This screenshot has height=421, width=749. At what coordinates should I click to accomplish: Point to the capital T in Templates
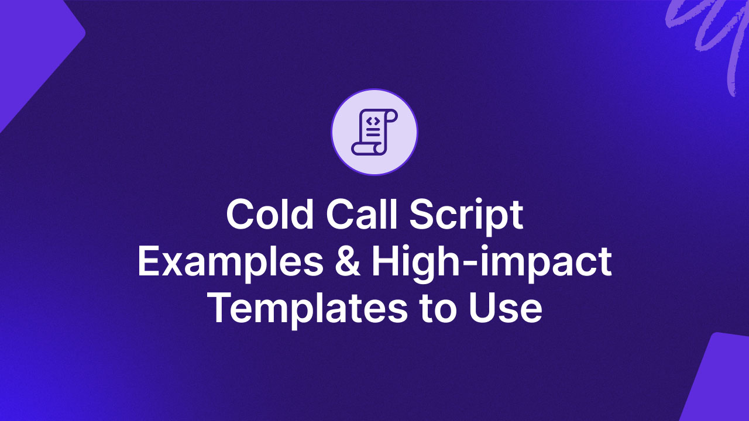pos(221,308)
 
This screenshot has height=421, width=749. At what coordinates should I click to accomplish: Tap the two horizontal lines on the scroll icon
pos(373,134)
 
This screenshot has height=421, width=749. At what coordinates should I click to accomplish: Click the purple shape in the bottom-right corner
pos(720,380)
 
